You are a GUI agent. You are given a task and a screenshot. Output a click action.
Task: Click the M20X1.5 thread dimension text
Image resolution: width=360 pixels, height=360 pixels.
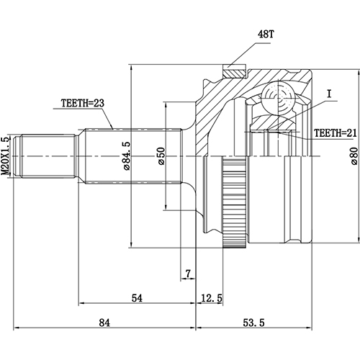coord(6,156)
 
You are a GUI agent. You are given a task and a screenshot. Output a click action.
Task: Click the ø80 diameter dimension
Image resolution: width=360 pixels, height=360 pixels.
coord(354,156)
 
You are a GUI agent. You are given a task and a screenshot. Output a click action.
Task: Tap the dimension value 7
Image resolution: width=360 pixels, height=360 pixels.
coord(187,274)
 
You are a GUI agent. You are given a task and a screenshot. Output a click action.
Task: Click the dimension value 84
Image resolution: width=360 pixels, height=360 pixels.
coord(104,323)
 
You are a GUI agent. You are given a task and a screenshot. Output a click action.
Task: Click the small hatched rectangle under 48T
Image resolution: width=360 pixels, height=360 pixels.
coord(235,72)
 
